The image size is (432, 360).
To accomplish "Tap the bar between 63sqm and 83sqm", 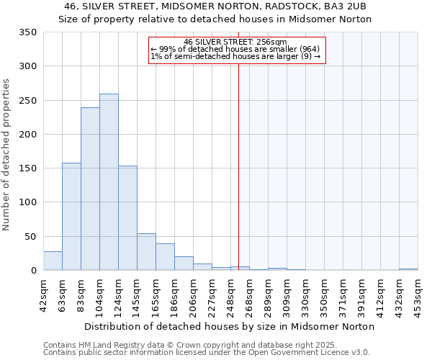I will [x=71, y=217].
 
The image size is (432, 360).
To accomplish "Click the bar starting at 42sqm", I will [x=53, y=261].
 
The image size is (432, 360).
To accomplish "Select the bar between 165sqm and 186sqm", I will [x=165, y=257].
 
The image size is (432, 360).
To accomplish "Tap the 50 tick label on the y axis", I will [x=30, y=237].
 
